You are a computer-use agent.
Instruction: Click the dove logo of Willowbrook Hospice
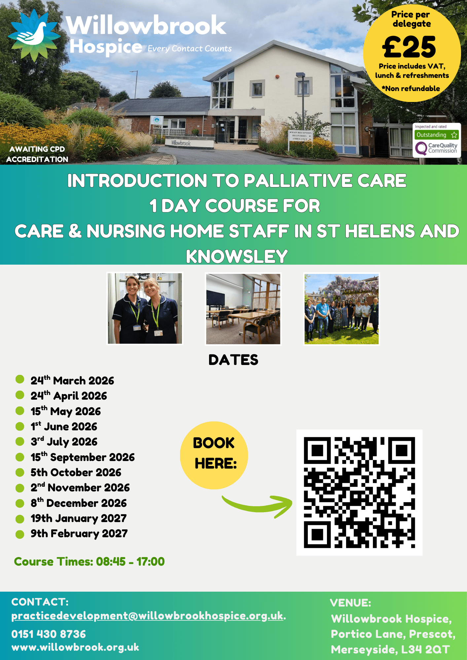34,35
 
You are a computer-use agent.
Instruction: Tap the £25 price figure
409,47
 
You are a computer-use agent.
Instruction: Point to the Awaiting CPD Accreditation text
37,154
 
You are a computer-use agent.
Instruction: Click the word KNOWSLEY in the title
237,256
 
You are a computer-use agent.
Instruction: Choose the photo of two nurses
145,309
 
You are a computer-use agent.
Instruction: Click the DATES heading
233,360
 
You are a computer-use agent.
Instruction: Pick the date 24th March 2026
72,380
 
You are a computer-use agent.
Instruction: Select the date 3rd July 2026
64,442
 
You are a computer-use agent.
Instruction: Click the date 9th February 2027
79,534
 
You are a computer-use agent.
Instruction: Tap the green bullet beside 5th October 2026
20,472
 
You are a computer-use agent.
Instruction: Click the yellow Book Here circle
214,455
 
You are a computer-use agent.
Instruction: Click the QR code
359,492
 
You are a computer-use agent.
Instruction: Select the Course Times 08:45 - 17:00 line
89,561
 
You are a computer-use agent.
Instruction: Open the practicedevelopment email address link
147,616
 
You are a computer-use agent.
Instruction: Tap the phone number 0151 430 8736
49,634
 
